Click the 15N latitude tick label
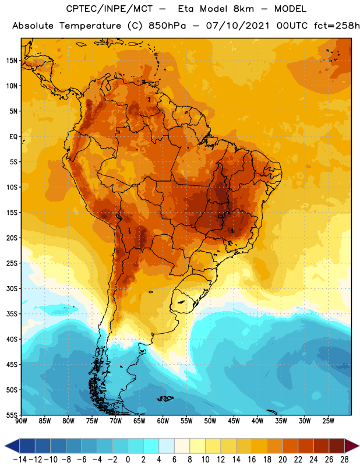tap(12, 61)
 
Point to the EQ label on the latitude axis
tap(13, 137)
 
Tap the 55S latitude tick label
tap(12, 415)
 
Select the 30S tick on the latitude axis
tap(12, 288)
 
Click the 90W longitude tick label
tap(21, 421)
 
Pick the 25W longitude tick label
tap(328, 421)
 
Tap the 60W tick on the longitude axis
tap(163, 421)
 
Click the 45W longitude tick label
tap(234, 421)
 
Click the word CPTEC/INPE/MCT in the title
tap(110, 9)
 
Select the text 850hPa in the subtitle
tap(167, 26)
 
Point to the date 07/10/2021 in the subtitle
tap(238, 26)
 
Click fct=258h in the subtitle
tap(337, 26)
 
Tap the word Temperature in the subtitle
tap(90, 26)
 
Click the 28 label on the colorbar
tap(344, 460)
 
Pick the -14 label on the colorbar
tap(20, 460)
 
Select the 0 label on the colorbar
tap(128, 460)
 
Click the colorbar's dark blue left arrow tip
tap(5, 446)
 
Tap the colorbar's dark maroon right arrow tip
tap(359, 446)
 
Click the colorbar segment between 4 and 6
tap(167, 446)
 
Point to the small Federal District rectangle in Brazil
tap(221, 216)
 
